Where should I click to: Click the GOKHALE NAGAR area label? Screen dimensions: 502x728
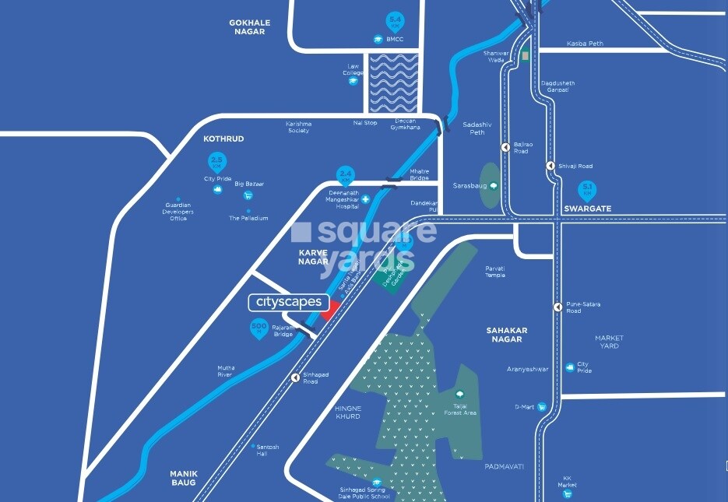(x=249, y=27)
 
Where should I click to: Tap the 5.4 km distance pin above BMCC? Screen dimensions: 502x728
(x=396, y=21)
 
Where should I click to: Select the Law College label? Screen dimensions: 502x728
(x=353, y=70)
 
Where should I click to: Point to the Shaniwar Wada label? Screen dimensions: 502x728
(x=496, y=56)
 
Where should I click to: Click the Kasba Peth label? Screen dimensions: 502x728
(x=585, y=44)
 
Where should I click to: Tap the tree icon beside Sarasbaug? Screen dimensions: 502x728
(x=494, y=185)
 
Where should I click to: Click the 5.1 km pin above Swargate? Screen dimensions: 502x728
(x=588, y=189)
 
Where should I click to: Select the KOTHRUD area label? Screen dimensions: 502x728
(x=223, y=139)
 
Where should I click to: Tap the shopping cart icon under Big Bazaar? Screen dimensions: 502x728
(x=248, y=195)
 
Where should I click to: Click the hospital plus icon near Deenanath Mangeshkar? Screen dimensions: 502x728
(x=365, y=199)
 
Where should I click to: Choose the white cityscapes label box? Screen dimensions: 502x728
(x=289, y=302)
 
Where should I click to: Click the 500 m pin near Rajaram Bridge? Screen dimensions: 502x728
(x=259, y=328)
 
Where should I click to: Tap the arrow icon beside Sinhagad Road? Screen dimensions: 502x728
(x=295, y=378)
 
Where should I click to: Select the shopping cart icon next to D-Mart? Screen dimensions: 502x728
(x=541, y=406)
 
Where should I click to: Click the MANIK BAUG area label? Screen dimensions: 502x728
(x=185, y=478)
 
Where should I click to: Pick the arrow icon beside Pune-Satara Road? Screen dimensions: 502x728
(x=557, y=307)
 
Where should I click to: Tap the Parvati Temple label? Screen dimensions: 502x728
(x=495, y=271)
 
